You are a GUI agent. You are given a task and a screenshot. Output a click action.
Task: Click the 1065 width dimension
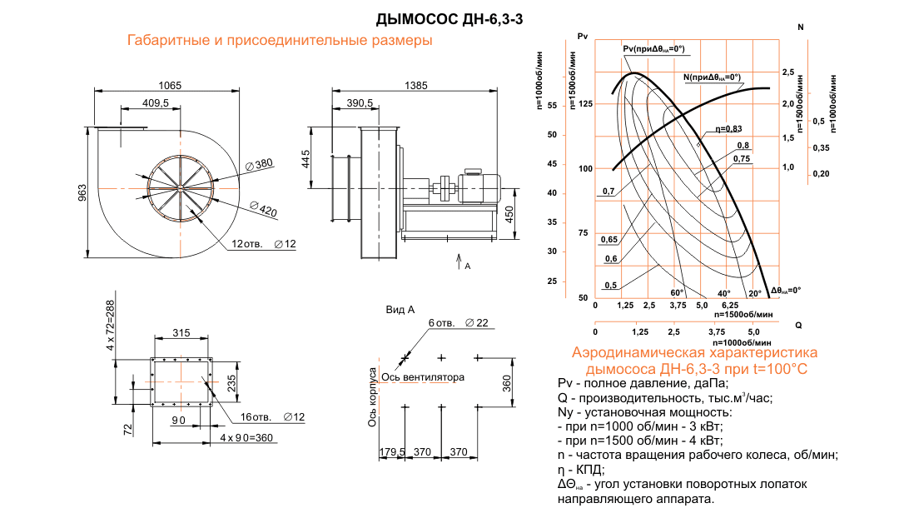(169, 86)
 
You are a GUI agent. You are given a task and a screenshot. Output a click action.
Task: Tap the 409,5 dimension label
(156, 102)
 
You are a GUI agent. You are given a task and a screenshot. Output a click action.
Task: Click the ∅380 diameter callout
(259, 164)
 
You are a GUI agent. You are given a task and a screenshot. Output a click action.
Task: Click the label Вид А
(400, 310)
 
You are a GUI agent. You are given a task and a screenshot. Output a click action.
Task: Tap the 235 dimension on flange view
(232, 381)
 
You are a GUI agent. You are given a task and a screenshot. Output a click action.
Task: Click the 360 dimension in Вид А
(508, 382)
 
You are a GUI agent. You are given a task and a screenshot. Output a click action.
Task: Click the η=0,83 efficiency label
(728, 128)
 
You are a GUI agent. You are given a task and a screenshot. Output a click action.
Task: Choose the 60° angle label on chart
(677, 293)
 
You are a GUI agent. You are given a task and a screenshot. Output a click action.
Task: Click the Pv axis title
(582, 35)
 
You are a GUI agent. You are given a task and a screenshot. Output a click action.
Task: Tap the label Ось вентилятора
(422, 377)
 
